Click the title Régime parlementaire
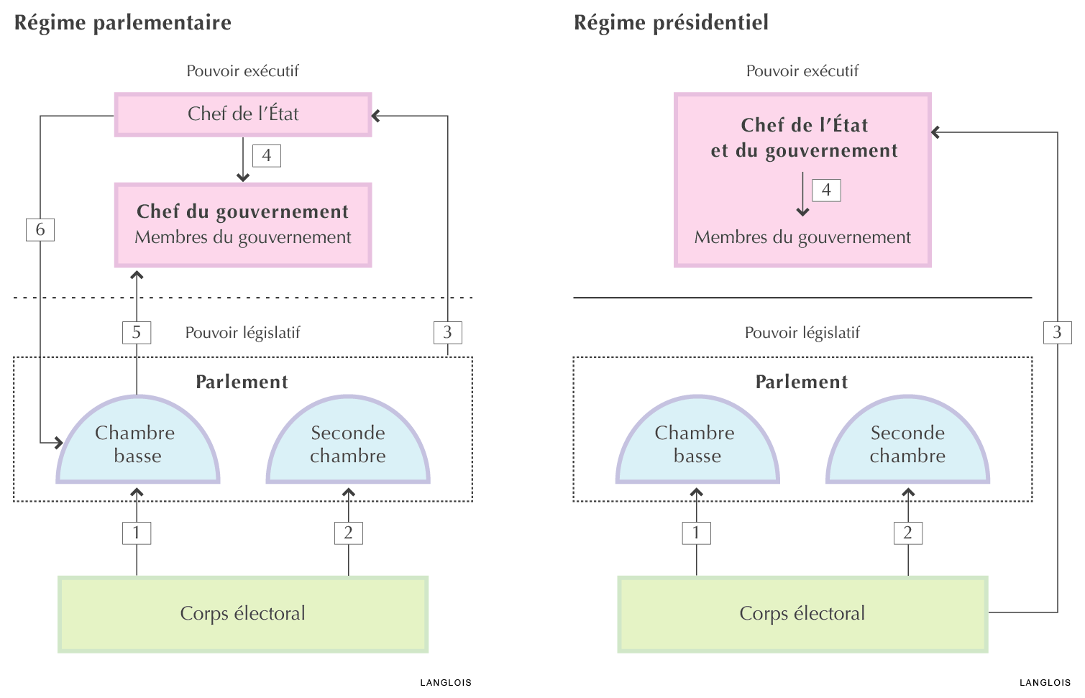pyautogui.click(x=123, y=23)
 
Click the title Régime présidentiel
pyautogui.click(x=671, y=23)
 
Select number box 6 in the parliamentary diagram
pyautogui.click(x=40, y=230)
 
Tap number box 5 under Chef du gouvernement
pyautogui.click(x=137, y=332)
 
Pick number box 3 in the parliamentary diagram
pyautogui.click(x=448, y=332)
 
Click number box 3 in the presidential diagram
pyautogui.click(x=1057, y=332)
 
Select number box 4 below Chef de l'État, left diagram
pyautogui.click(x=267, y=156)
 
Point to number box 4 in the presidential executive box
pyautogui.click(x=826, y=190)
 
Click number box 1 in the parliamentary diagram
pyautogui.click(x=137, y=533)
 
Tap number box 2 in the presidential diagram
pyautogui.click(x=908, y=533)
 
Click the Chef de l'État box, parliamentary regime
pyautogui.click(x=243, y=114)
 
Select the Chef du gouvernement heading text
pyautogui.click(x=243, y=211)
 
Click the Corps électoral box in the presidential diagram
pyautogui.click(x=802, y=614)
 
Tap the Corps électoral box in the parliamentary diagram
pyautogui.click(x=243, y=614)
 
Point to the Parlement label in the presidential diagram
pyautogui.click(x=802, y=382)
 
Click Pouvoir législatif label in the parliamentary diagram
pyautogui.click(x=243, y=333)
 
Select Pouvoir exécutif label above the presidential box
pyautogui.click(x=802, y=71)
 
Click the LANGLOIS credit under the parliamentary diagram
pyautogui.click(x=446, y=683)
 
